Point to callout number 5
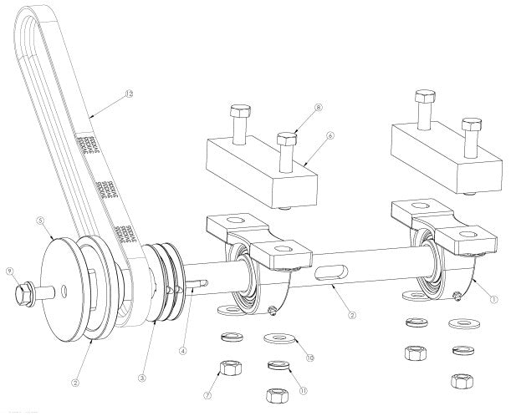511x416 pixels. [x=39, y=222]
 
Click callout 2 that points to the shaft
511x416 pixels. [x=353, y=315]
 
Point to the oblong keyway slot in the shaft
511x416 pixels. [x=332, y=271]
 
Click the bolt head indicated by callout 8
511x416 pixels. [x=289, y=134]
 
